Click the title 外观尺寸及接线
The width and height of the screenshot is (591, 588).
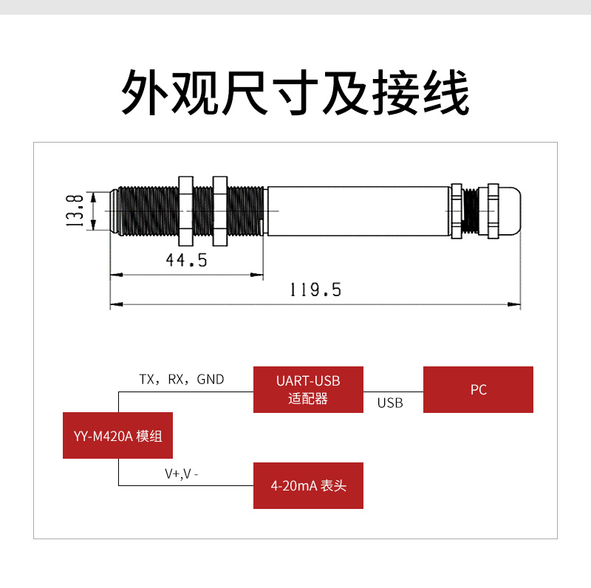[x=295, y=92]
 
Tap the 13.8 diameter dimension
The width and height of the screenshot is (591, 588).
[x=75, y=211]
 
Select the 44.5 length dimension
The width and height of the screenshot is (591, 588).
[x=186, y=261]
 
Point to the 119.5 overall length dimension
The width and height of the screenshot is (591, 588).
[x=315, y=290]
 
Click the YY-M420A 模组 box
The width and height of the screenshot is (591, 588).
[x=118, y=435]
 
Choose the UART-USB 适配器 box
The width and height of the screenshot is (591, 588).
[x=308, y=389]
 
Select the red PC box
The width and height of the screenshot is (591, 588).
[x=478, y=389]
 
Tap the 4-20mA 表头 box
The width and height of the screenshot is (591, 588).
[x=308, y=485]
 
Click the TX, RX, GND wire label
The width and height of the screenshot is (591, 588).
[x=182, y=379]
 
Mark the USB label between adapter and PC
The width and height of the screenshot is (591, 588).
[x=390, y=403]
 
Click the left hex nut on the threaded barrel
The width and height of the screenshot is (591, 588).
[x=185, y=211]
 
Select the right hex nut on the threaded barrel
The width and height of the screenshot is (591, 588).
[x=219, y=211]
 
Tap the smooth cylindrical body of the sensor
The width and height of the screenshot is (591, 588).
[x=358, y=211]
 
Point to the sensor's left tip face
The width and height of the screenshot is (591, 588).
[x=111, y=211]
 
